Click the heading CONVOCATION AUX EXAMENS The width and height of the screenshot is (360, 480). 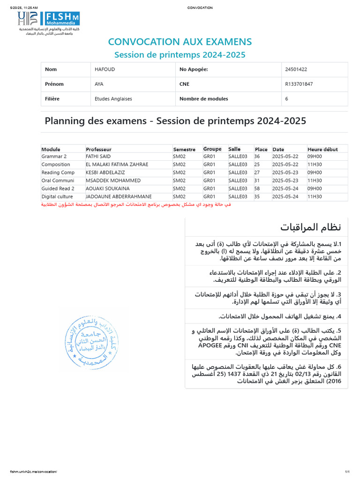[x=180, y=42]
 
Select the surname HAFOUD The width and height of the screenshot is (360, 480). [x=105, y=69]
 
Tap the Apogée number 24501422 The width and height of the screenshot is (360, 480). [x=296, y=69]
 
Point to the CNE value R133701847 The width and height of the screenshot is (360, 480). [x=299, y=84]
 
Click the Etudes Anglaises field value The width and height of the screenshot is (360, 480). [x=113, y=99]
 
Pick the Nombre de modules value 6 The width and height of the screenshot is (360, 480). [x=286, y=99]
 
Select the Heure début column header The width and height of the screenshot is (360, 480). [x=322, y=149]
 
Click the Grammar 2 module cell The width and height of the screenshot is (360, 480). [x=54, y=157]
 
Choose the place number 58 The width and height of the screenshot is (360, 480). [x=257, y=188]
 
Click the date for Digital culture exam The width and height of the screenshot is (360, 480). [x=285, y=196]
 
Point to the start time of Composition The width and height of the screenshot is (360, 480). [x=314, y=165]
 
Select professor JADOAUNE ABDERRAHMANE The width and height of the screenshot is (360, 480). [x=116, y=196]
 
